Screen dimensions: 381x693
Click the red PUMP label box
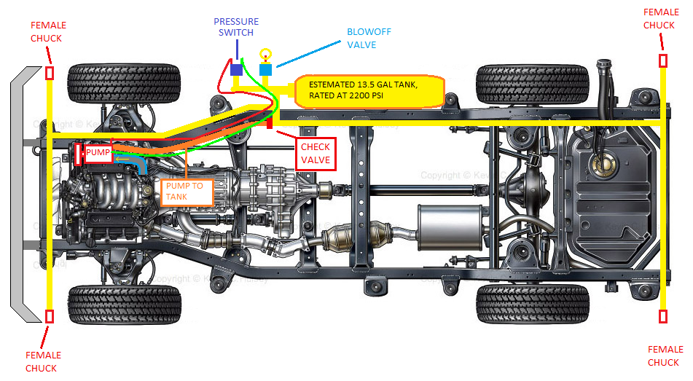coord(97,154)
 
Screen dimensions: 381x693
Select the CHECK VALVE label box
coord(316,154)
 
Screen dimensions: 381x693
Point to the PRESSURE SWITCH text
coord(237,27)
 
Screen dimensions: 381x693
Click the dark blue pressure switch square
coord(236,70)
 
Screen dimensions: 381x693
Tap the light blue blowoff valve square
coord(266,69)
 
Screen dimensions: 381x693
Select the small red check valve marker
coord(270,124)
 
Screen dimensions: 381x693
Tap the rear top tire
coord(532,82)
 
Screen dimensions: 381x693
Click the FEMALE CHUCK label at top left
coord(47,33)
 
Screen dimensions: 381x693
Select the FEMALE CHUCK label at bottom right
coord(663,356)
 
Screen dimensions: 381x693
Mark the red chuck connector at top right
coord(663,60)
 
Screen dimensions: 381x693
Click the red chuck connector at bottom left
coord(50,316)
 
